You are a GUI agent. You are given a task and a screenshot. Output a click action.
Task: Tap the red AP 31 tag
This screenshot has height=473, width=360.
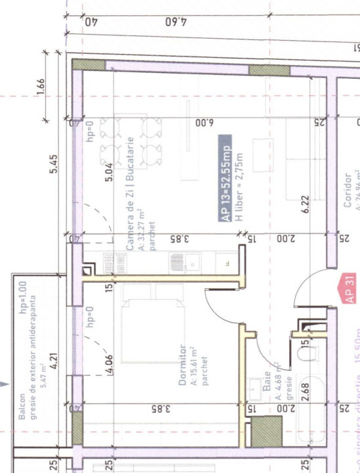click(349, 288)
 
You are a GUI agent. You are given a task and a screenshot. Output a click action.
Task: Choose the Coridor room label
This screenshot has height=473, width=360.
click(348, 191)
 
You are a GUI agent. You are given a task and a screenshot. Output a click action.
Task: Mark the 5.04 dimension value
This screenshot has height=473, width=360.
click(109, 173)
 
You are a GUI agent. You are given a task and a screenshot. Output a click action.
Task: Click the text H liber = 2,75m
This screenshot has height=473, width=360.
click(239, 186)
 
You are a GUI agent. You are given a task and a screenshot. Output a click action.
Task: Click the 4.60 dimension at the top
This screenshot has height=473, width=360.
click(174, 22)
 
